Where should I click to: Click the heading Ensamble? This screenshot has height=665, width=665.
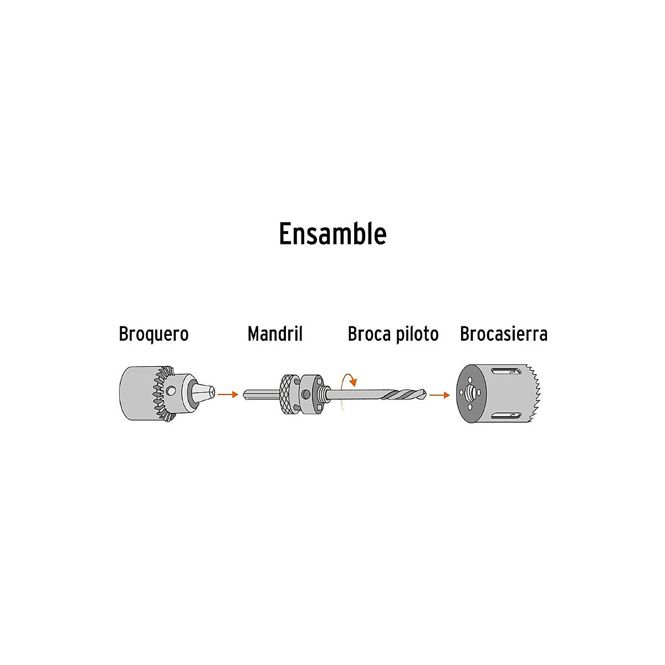coord(332,234)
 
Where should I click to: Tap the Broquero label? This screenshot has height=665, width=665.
coord(154,334)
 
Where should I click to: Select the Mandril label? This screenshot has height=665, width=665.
coord(275,334)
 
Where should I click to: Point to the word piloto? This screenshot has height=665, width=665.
coord(417,334)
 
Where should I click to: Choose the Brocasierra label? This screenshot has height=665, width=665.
coord(504,334)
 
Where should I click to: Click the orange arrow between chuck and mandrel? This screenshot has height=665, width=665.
coord(228,394)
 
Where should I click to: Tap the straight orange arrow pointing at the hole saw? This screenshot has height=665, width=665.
coord(439,395)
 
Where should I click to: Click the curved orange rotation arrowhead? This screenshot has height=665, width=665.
coord(352,381)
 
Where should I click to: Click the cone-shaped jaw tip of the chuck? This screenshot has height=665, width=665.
coord(203,392)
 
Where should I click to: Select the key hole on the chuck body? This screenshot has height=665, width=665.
coord(171,391)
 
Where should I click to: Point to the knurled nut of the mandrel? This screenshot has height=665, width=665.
coord(289,394)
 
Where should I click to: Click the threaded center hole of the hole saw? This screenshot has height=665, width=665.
coord(470,392)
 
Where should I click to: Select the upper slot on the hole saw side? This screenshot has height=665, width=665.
coord(506,371)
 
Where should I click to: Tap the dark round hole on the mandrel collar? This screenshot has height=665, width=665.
coord(305,394)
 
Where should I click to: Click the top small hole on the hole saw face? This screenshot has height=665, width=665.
coord(470,379)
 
